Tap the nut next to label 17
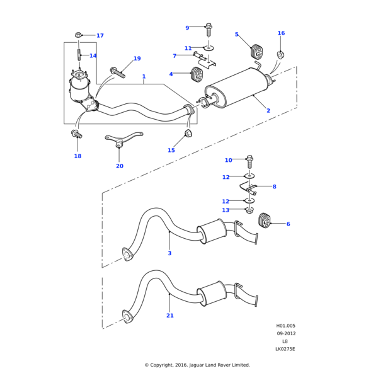point(78,35)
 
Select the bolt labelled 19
point(118,72)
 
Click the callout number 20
point(120,166)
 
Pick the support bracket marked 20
point(124,138)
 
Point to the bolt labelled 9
point(209,28)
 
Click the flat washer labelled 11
point(209,47)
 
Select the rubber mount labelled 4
point(196,75)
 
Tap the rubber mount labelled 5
point(256,52)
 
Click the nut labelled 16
point(281,53)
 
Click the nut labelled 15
point(188,134)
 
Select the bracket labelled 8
point(249,188)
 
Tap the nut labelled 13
point(249,210)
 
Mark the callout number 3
point(169,253)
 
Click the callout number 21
point(170,316)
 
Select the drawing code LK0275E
point(285,349)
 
